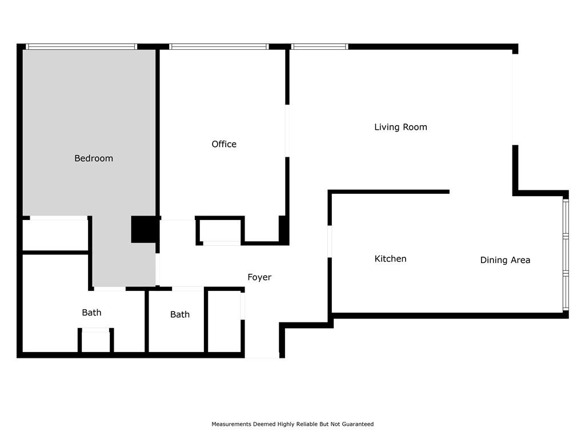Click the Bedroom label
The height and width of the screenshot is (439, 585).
94,158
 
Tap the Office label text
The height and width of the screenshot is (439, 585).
224,144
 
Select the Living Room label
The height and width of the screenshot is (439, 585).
400,127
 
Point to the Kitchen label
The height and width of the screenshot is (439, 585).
390,259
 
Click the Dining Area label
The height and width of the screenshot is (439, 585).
505,260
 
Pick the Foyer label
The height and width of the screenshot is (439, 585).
259,277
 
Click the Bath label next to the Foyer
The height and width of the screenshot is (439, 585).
180,315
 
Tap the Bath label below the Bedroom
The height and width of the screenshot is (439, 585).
91,313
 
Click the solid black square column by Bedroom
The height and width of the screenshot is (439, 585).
145,229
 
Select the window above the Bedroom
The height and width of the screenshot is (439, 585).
81,47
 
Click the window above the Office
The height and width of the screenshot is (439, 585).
219,47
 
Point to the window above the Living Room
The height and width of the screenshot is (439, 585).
320,47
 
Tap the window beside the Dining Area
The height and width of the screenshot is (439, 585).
566,254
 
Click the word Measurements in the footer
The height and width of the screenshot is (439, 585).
232,424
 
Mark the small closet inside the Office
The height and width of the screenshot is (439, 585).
220,231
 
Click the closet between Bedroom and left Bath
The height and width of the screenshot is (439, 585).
55,235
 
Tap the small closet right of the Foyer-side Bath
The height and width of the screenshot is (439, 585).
224,321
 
